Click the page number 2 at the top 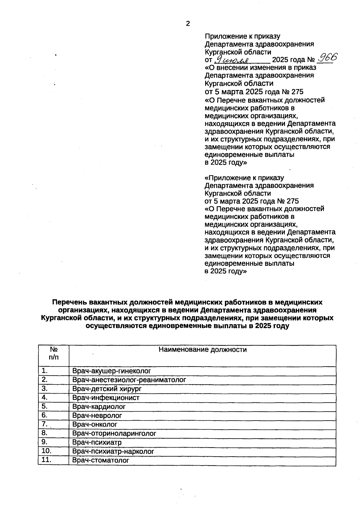pyautogui.click(x=188, y=24)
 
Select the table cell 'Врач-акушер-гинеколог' pyautogui.click(x=112, y=371)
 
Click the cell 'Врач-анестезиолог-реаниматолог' pyautogui.click(x=129, y=380)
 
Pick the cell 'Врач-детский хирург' pyautogui.click(x=107, y=389)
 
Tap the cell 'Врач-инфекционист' pyautogui.click(x=106, y=398)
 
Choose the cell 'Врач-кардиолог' pyautogui.click(x=99, y=407)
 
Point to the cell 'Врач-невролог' pyautogui.click(x=97, y=416)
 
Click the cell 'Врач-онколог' pyautogui.click(x=95, y=424)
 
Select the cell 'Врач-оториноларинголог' pyautogui.click(x=114, y=433)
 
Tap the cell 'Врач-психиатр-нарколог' pyautogui.click(x=113, y=451)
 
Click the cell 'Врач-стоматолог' pyautogui.click(x=101, y=460)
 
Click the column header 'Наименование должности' pyautogui.click(x=202, y=350)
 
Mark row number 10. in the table pyautogui.click(x=46, y=451)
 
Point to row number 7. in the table pyautogui.click(x=45, y=424)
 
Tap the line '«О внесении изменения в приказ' pyautogui.click(x=260, y=67)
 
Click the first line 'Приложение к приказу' pyautogui.click(x=242, y=36)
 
